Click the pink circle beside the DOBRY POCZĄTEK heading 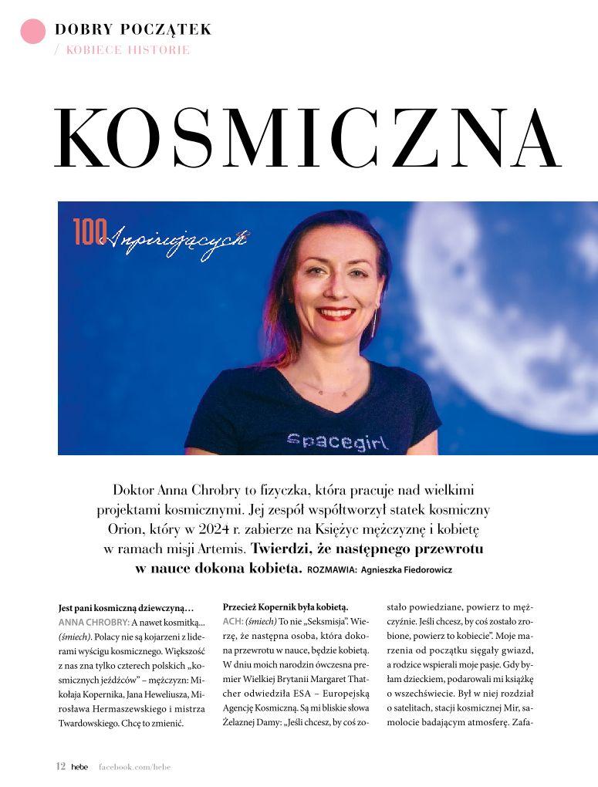pyautogui.click(x=32, y=31)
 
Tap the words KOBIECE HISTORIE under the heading pyautogui.click(x=128, y=50)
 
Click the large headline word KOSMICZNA pyautogui.click(x=308, y=138)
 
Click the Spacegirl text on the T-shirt pyautogui.click(x=337, y=441)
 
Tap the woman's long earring pyautogui.click(x=376, y=319)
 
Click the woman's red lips pyautogui.click(x=336, y=314)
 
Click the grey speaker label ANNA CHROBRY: pyautogui.click(x=93, y=622)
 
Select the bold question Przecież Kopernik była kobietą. pyautogui.click(x=285, y=606)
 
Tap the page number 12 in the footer pyautogui.click(x=60, y=766)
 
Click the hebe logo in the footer pyautogui.click(x=79, y=767)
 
